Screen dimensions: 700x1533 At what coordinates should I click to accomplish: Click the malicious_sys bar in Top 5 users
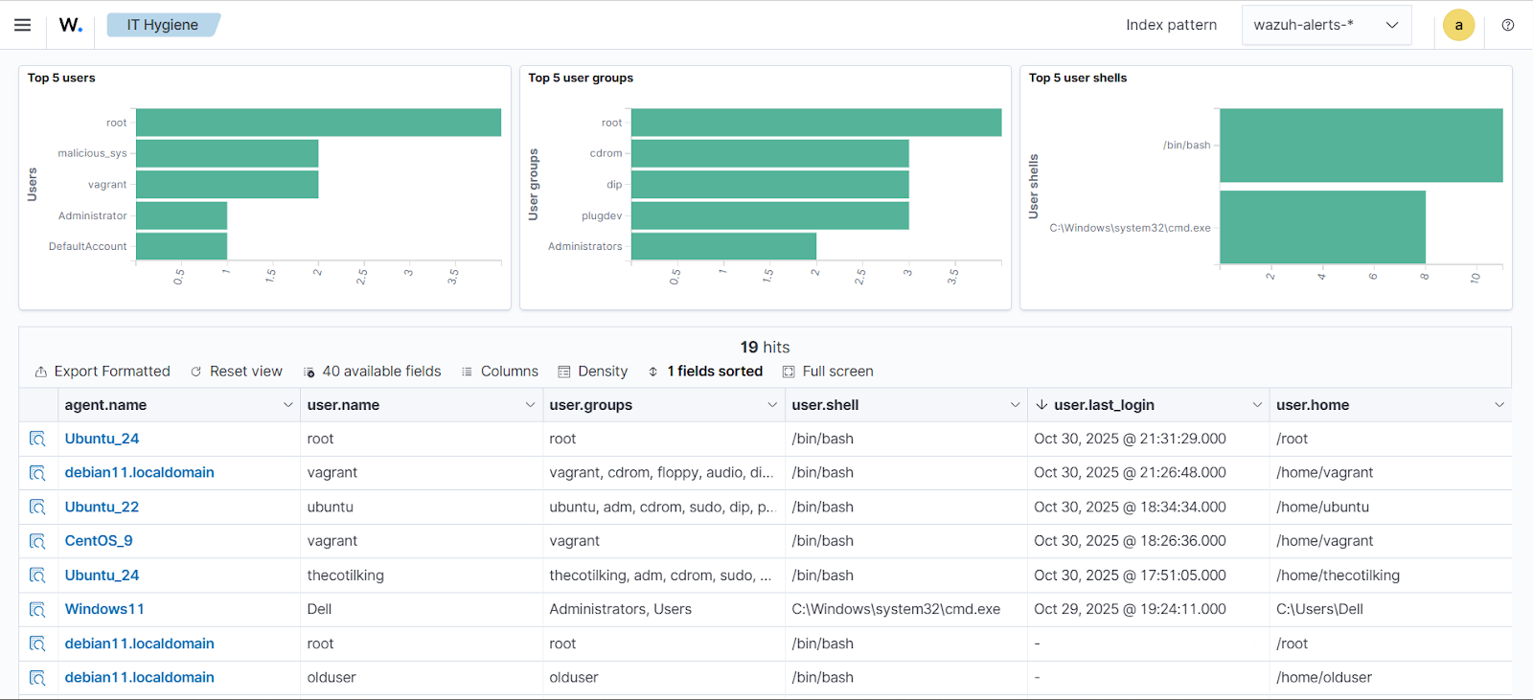click(x=227, y=153)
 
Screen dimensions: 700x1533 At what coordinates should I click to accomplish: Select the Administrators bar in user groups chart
click(x=723, y=246)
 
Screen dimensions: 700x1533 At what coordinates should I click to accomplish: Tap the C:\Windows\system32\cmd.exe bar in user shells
click(x=1322, y=227)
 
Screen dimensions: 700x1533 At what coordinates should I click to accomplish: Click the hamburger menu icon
click(x=23, y=25)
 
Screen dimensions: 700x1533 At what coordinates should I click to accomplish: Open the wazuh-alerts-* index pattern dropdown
click(x=1326, y=25)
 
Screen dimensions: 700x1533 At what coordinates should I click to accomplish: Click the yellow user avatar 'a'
click(x=1458, y=25)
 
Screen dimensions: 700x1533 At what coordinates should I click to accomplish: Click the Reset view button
click(x=237, y=372)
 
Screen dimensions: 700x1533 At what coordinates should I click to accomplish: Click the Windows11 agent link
click(x=104, y=609)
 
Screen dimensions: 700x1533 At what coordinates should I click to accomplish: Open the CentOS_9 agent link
click(x=99, y=541)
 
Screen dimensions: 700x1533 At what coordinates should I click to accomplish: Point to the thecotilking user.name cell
click(x=345, y=576)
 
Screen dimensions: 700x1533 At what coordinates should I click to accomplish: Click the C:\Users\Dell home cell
click(x=1319, y=609)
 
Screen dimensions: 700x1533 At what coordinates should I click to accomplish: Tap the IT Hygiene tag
click(x=163, y=25)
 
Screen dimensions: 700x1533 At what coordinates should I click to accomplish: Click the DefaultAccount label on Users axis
click(x=88, y=246)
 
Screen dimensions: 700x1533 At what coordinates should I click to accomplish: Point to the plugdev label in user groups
click(x=602, y=215)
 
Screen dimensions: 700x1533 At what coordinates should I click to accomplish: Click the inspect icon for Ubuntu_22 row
click(x=37, y=507)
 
